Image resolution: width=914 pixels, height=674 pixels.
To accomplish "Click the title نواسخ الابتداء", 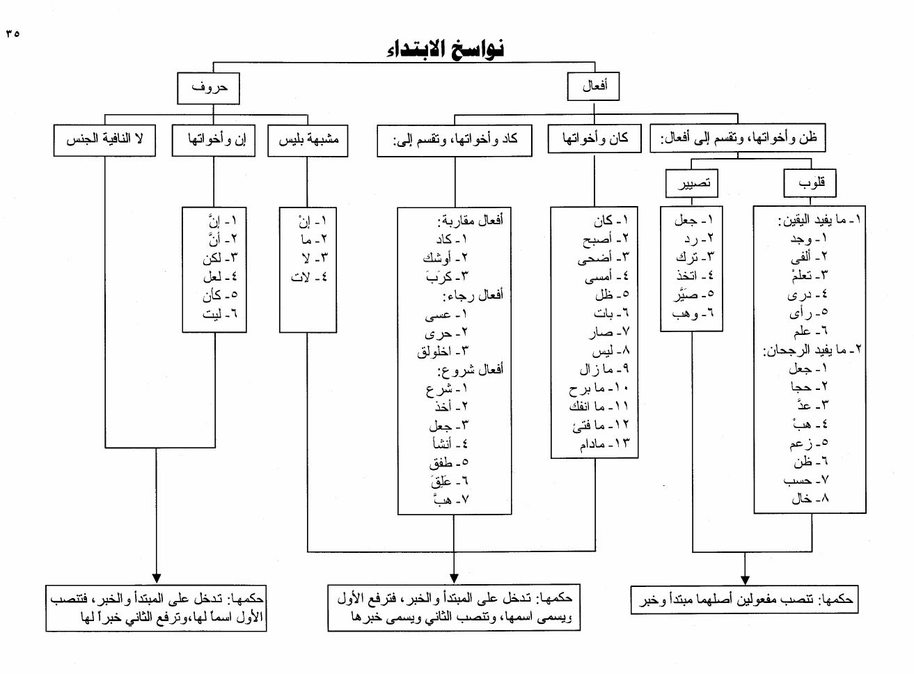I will pos(446,49).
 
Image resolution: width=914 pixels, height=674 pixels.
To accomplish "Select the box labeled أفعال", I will pos(595,86).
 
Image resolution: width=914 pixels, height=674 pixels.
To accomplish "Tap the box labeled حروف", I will pos(210,88).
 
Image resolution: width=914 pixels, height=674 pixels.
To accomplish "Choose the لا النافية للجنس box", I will pos(104,139).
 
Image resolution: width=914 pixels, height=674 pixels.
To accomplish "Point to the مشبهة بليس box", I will pos(308,139).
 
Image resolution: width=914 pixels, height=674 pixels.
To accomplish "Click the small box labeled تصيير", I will pos(693,183).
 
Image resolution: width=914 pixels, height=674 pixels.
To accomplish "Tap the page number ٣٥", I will pos(13,33).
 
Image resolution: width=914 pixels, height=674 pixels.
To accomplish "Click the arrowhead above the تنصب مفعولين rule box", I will pos(745,579).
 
